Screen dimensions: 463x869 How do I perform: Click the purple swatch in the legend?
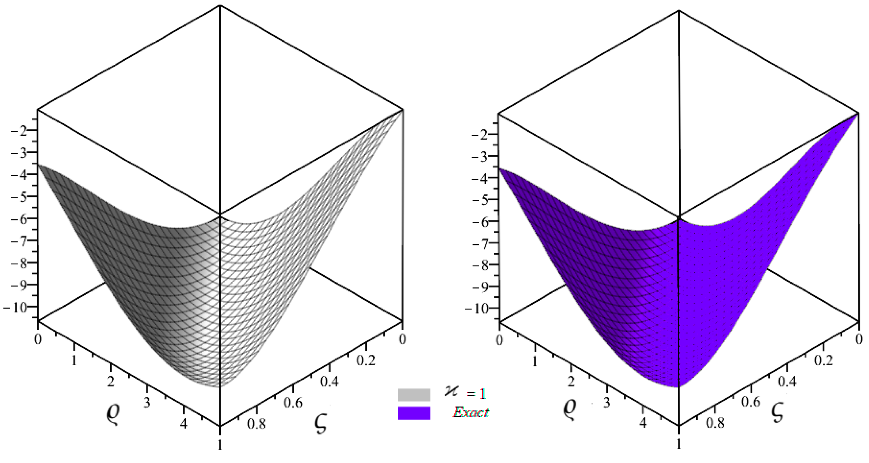[414, 413]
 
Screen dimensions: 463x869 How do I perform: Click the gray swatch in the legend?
[414, 395]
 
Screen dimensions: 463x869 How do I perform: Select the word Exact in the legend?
[471, 412]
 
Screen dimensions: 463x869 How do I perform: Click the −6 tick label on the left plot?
[20, 219]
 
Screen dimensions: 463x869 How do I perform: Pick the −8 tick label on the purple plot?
[480, 265]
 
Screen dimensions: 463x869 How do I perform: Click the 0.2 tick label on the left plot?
[366, 360]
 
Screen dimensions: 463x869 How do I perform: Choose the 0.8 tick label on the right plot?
[715, 422]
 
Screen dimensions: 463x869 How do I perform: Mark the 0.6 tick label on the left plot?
[293, 403]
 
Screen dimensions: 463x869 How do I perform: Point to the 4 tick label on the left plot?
[183, 424]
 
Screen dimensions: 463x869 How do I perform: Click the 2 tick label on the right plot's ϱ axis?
[571, 382]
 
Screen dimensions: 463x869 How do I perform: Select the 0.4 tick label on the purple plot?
[787, 381]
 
